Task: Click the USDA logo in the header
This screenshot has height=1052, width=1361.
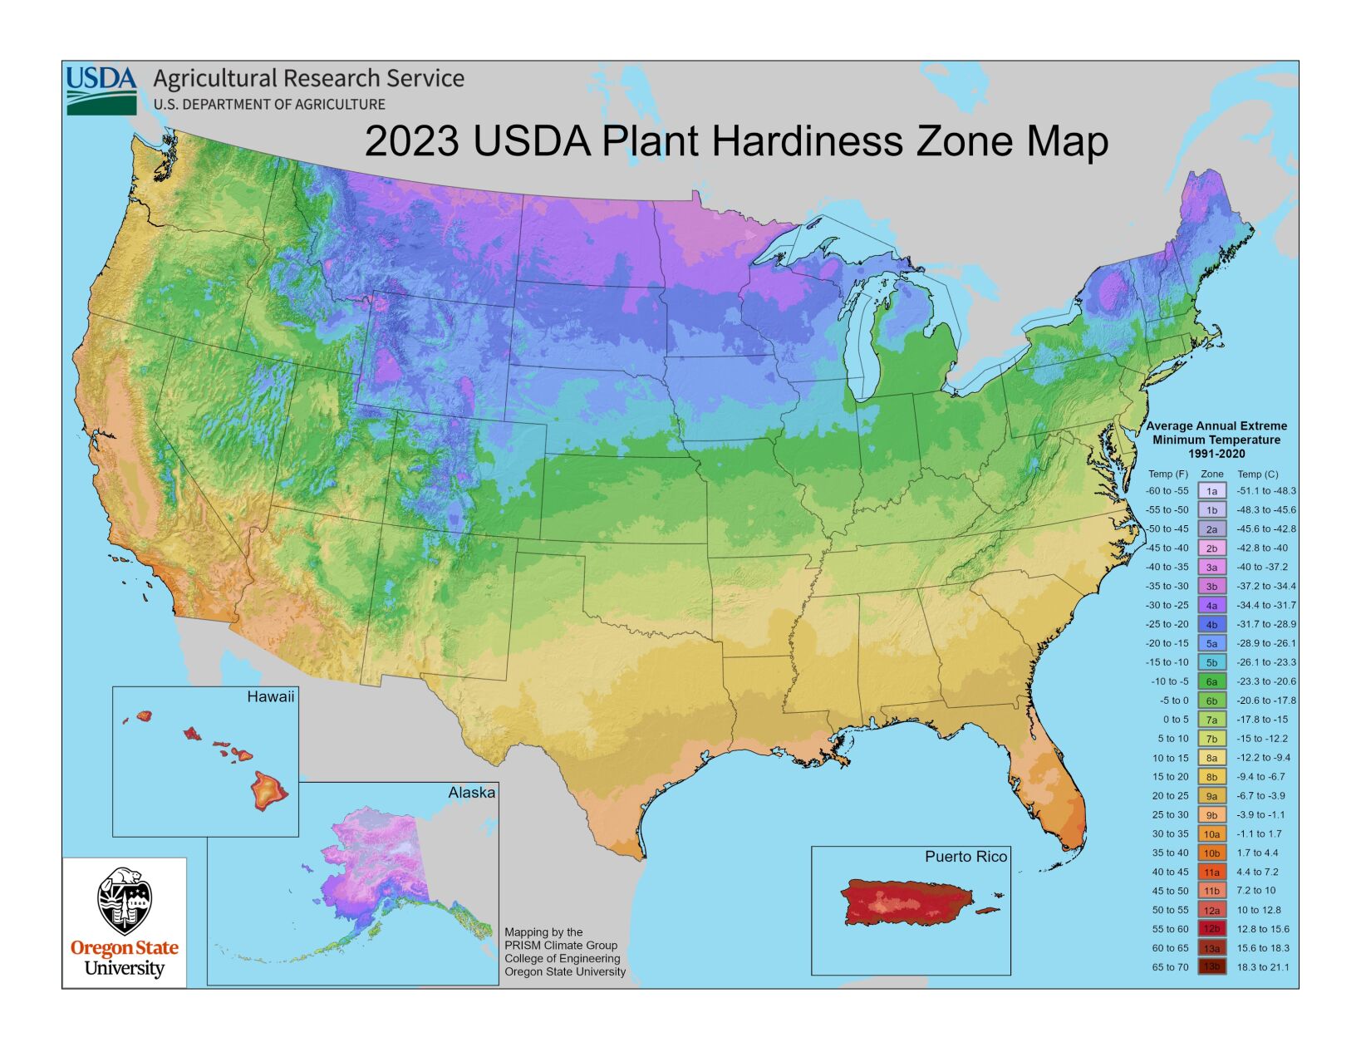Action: click(x=101, y=91)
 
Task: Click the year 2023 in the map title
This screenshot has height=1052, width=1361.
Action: click(x=411, y=140)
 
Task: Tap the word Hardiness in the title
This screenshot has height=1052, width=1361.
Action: click(x=807, y=140)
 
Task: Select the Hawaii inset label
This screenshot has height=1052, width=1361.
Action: click(x=270, y=697)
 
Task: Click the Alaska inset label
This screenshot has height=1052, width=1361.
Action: click(x=471, y=793)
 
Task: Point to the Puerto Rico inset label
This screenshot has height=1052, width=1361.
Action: click(x=965, y=857)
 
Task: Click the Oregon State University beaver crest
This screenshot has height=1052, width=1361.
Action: click(x=125, y=902)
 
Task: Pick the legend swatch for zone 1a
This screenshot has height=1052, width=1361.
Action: click(x=1211, y=491)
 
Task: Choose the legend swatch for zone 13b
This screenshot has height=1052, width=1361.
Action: click(x=1211, y=967)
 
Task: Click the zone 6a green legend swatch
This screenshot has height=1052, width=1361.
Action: click(x=1211, y=681)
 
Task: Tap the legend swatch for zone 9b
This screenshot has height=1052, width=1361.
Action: click(x=1211, y=815)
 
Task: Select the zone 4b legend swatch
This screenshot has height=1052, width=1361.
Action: click(x=1211, y=624)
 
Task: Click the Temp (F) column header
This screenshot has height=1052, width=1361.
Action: click(x=1167, y=474)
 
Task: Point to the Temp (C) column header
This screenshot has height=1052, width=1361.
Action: click(x=1258, y=474)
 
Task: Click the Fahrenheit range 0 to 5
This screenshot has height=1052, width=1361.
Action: click(x=1175, y=720)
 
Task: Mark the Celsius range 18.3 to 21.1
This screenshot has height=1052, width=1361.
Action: click(x=1263, y=967)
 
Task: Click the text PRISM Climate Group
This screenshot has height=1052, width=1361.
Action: click(x=561, y=946)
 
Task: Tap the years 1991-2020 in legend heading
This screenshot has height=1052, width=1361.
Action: click(x=1216, y=454)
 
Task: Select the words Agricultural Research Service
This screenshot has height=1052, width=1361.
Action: click(x=308, y=79)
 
